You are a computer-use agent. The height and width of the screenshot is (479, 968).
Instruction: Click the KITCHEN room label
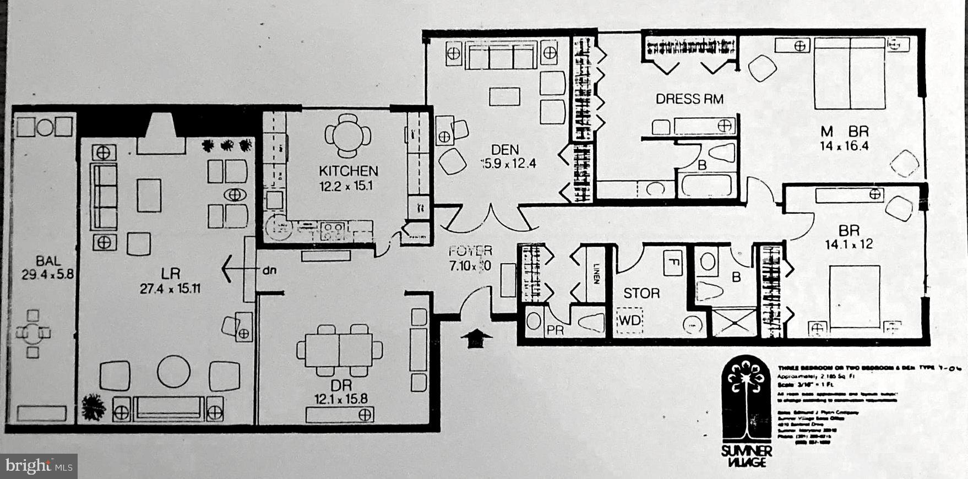click(x=348, y=171)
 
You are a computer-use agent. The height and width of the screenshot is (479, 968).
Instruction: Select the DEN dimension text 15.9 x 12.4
click(x=507, y=164)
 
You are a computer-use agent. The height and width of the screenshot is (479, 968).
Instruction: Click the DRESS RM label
click(x=689, y=99)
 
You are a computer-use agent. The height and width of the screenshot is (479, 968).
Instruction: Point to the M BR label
click(x=844, y=132)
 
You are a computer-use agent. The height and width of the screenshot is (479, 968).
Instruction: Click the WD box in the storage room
click(x=630, y=320)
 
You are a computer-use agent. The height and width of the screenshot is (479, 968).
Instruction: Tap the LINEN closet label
click(x=596, y=274)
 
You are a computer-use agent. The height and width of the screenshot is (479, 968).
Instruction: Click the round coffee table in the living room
click(x=173, y=372)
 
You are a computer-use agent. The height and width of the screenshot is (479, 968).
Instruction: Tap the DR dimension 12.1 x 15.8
click(x=341, y=398)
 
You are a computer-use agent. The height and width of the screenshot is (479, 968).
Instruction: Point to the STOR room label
click(x=641, y=293)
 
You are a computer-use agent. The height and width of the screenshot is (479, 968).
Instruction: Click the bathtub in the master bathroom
click(x=706, y=184)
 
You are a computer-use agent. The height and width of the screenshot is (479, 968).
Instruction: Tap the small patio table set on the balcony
click(x=33, y=333)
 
